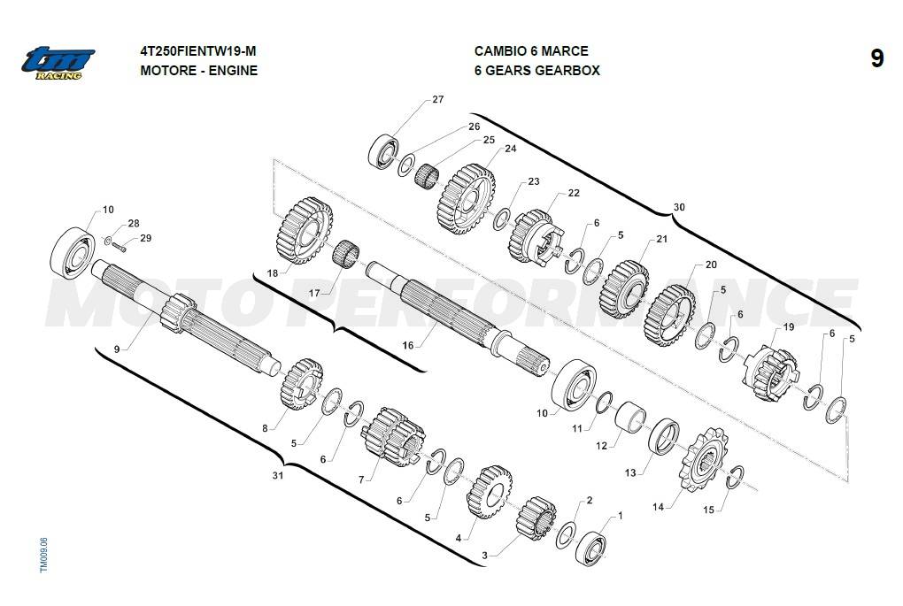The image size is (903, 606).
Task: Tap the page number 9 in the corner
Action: (876, 59)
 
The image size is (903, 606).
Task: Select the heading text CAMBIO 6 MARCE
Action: (531, 51)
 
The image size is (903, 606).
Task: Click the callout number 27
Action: (437, 100)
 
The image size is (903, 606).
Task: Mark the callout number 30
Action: (679, 207)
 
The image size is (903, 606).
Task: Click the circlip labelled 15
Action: (735, 478)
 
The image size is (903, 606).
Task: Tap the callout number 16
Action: (408, 345)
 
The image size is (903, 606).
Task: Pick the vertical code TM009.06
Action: (43, 553)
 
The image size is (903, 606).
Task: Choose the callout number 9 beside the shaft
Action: (116, 349)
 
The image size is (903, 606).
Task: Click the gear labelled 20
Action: (670, 315)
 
